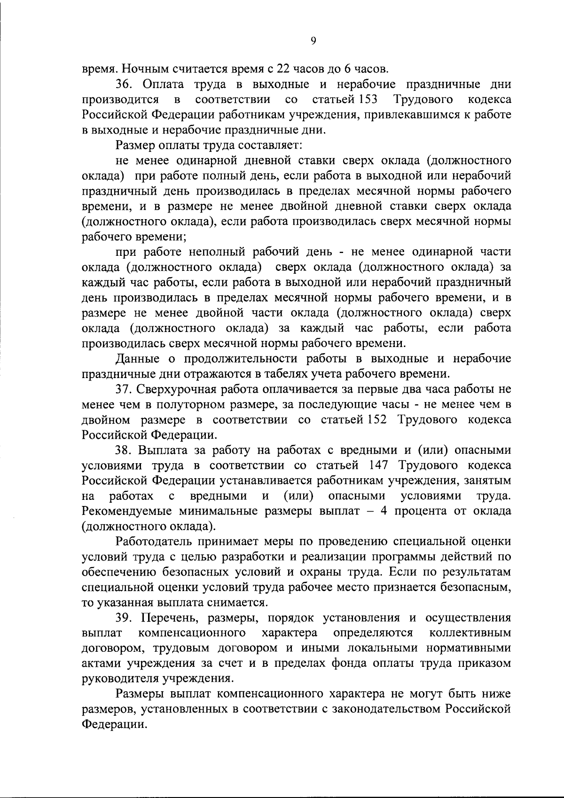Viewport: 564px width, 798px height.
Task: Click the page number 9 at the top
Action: pyautogui.click(x=313, y=41)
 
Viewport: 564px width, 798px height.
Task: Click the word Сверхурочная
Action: pyautogui.click(x=173, y=389)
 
